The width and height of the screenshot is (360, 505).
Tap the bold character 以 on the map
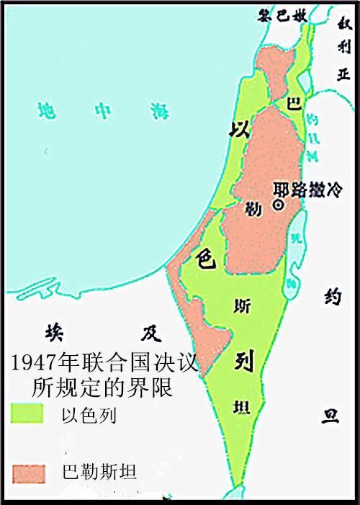238,130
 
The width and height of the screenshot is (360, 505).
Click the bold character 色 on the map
203,258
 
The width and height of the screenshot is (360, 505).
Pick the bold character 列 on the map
242,361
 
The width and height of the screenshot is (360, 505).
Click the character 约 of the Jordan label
330,297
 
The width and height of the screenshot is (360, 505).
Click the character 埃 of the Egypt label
54,333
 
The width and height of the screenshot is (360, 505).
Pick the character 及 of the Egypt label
149,333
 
